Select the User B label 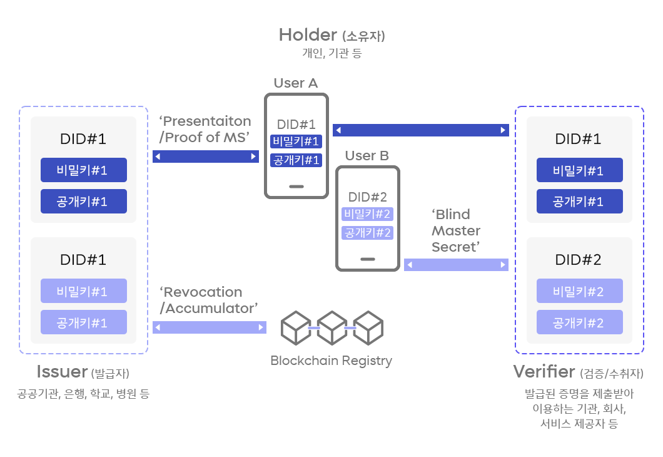click(x=367, y=156)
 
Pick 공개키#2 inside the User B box click(x=368, y=233)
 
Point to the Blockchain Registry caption click(x=331, y=361)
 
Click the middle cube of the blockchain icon click(x=331, y=327)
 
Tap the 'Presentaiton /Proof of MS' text click(x=205, y=130)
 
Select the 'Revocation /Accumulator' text click(x=208, y=300)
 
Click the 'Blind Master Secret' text click(x=455, y=231)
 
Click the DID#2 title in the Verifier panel click(x=579, y=260)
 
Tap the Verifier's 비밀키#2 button click(x=579, y=291)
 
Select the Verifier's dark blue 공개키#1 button click(x=579, y=202)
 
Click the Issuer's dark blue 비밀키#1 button click(x=83, y=170)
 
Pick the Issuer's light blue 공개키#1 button click(x=83, y=322)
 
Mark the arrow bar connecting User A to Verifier click(x=420, y=130)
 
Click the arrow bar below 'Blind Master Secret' click(x=456, y=265)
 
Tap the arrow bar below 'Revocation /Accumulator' click(x=209, y=327)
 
